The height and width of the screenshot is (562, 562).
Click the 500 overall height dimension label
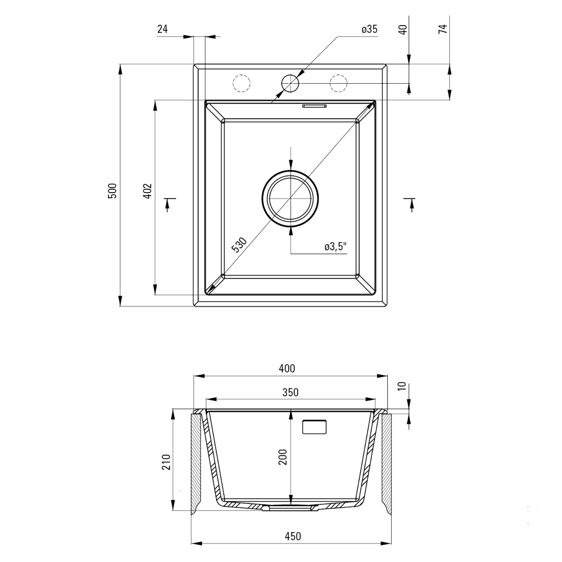pos(112,191)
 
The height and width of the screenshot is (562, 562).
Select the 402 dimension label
pos(148,191)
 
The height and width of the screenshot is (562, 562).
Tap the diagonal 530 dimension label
pos(240,245)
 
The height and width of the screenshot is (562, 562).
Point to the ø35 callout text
pos(370,29)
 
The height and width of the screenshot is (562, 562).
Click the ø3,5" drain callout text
pos(335,247)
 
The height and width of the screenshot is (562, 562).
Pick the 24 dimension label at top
pos(162,29)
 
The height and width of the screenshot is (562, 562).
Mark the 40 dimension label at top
pos(403,29)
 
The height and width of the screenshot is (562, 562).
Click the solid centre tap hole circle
pos(290,84)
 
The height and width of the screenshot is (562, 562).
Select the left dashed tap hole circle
pos(242,84)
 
